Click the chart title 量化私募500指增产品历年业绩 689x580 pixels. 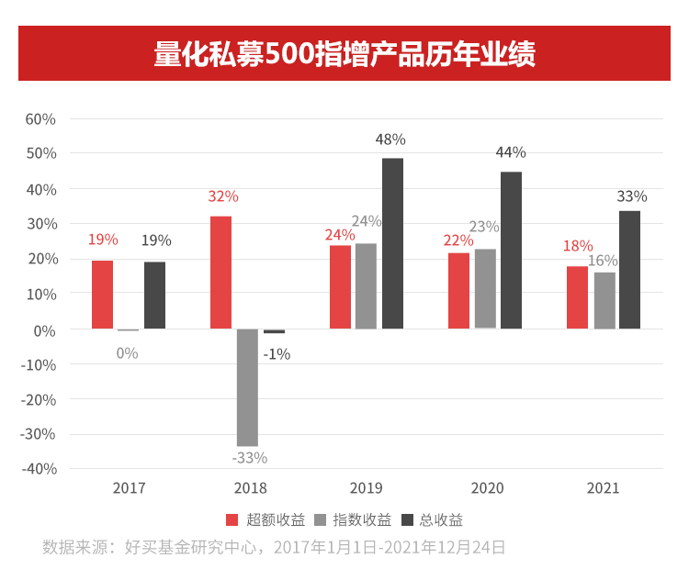[344, 53]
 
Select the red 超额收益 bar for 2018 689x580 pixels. [220, 273]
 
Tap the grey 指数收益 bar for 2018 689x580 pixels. [247, 386]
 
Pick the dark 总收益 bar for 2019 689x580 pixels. [392, 243]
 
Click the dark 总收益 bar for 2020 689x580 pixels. [511, 250]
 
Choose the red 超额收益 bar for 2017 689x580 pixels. [102, 295]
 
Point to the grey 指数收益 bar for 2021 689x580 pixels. [604, 300]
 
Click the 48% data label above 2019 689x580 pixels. [390, 139]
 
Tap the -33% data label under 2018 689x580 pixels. [249, 457]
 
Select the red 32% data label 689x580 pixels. [223, 196]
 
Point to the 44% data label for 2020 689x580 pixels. [511, 152]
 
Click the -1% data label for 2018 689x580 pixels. [277, 353]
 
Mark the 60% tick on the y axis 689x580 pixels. [40, 119]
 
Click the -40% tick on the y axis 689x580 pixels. [39, 468]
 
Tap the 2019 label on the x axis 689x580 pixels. [367, 488]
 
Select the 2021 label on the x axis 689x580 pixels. [604, 488]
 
